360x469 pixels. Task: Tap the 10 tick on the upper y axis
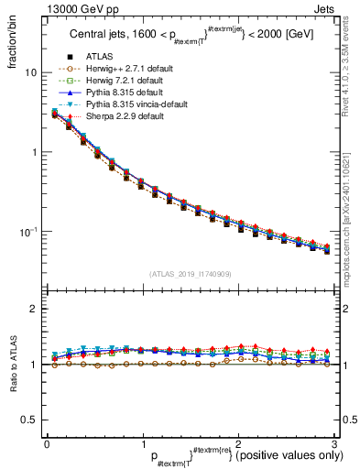pos(31,72)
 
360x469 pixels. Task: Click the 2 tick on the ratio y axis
pos(35,309)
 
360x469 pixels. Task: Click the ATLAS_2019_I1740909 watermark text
pos(190,274)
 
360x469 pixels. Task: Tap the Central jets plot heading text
pos(191,37)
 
